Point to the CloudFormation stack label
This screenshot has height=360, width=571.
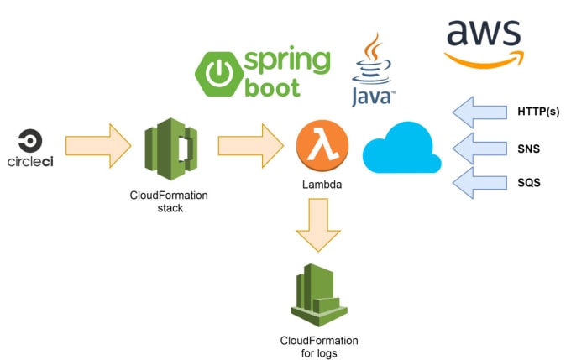tap(169, 201)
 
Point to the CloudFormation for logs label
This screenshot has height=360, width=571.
tap(319, 347)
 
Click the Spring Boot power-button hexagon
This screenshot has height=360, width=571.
tap(218, 74)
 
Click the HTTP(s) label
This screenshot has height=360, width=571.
tap(538, 112)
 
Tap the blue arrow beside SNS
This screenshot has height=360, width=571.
tap(479, 149)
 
